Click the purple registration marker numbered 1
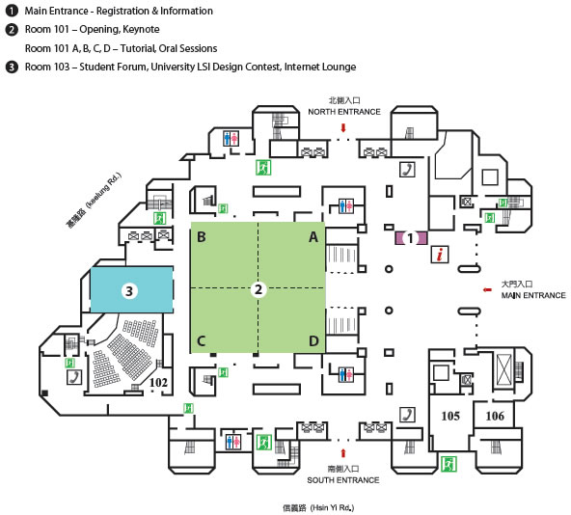pos(411,238)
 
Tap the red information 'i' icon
pos(440,254)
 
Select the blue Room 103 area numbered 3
pos(131,290)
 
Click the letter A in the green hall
pos(313,237)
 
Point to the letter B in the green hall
pos(202,237)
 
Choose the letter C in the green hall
pos(201,340)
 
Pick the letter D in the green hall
pos(313,340)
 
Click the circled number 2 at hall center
pos(258,289)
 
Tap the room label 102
pos(159,383)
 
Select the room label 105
pos(450,416)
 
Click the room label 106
pos(495,416)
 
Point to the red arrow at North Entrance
pos(343,128)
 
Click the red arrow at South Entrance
pos(343,453)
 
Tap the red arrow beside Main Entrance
pos(487,290)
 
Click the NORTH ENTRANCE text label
pos(344,112)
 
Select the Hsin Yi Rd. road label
pos(318,507)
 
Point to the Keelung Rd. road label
pos(94,201)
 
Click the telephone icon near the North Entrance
pos(407,170)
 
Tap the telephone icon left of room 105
pos(407,415)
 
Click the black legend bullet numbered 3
pos(12,67)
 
